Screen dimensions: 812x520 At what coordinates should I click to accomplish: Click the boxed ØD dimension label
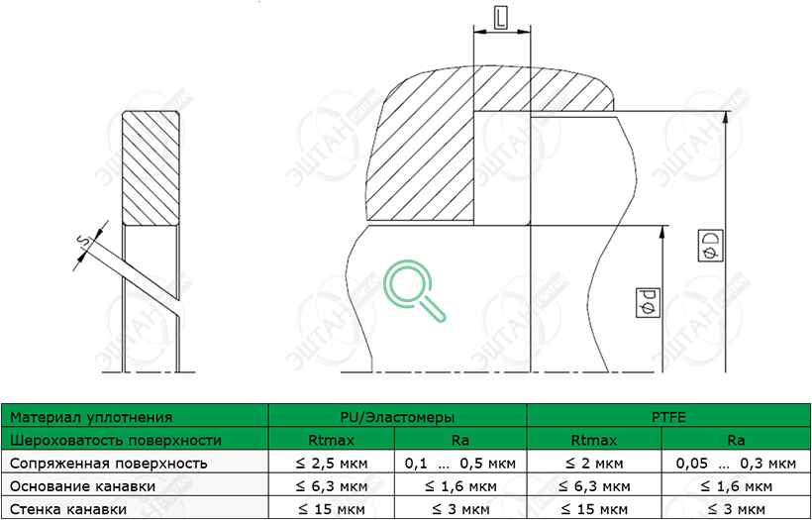(x=711, y=247)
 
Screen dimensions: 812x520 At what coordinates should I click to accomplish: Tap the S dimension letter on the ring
(x=81, y=241)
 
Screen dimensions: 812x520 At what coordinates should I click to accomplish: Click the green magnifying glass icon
(x=414, y=290)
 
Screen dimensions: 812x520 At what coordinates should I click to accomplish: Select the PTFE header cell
(x=668, y=417)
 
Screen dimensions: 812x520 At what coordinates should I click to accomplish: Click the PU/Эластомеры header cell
(x=398, y=417)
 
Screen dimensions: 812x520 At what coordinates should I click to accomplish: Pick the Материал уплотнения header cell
(x=135, y=417)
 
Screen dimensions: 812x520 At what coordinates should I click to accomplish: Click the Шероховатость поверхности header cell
(x=135, y=440)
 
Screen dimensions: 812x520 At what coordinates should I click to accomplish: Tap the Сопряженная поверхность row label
(x=109, y=463)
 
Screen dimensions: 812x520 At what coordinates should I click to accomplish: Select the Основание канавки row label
(x=82, y=486)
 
